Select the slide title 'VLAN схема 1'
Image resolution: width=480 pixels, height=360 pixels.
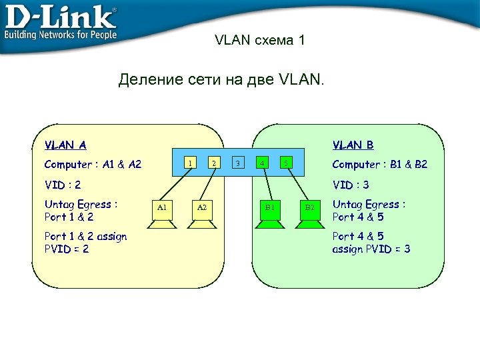tap(260, 41)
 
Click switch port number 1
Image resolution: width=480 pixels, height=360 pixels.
tap(190, 162)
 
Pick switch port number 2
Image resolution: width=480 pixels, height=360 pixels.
tap(213, 162)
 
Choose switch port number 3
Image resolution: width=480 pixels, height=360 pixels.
tap(238, 162)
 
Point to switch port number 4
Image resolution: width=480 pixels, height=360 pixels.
tap(262, 162)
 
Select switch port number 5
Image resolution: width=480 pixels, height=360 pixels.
tap(285, 162)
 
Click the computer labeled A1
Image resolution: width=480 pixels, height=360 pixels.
tap(161, 212)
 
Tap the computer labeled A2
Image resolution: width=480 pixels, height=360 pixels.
tap(201, 212)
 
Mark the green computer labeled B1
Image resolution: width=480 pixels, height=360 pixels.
tap(270, 212)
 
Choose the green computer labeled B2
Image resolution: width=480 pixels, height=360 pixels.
tap(309, 212)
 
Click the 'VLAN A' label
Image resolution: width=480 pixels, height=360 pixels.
tap(65, 145)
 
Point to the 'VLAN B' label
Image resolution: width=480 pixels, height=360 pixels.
tap(353, 145)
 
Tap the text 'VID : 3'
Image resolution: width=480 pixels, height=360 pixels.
tap(351, 185)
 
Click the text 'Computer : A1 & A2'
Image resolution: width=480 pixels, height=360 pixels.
tap(93, 165)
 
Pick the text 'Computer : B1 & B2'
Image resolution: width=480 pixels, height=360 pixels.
tap(380, 165)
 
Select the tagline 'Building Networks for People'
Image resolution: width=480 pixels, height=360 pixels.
tap(61, 35)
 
